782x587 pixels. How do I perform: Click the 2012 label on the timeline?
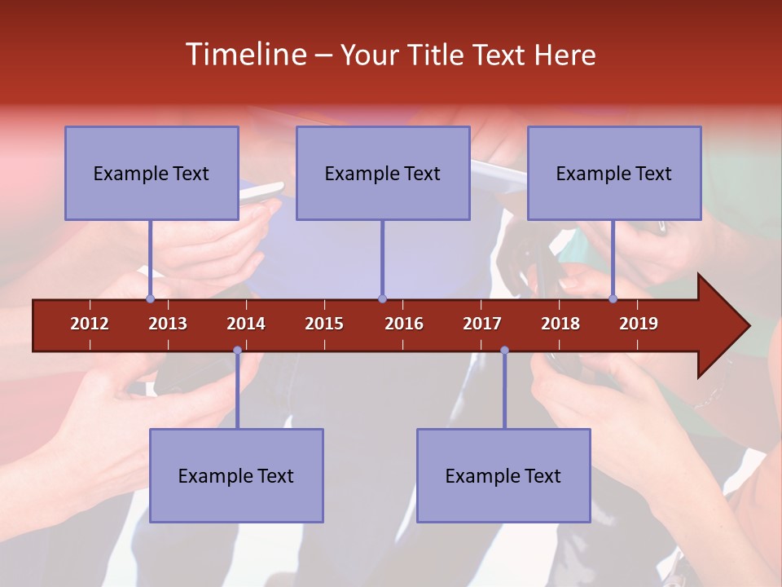(x=90, y=324)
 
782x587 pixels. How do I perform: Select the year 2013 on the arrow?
(x=168, y=324)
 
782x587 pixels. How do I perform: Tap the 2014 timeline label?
(x=246, y=324)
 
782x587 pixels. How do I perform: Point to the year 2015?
(x=324, y=324)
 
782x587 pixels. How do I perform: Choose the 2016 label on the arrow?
(x=404, y=324)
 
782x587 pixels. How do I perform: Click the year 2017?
(x=482, y=324)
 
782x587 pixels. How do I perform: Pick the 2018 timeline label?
(x=560, y=324)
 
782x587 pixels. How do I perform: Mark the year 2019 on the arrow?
(x=639, y=324)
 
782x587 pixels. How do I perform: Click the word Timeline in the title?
(x=244, y=55)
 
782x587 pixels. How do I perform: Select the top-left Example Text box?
(x=152, y=173)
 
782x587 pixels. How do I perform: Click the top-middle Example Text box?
(x=383, y=173)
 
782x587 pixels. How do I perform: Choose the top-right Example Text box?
(x=614, y=173)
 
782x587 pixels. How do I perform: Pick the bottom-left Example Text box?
(x=236, y=475)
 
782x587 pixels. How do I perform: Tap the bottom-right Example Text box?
(x=503, y=475)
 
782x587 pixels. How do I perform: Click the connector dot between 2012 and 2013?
(x=150, y=298)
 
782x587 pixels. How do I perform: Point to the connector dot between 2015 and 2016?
(x=382, y=298)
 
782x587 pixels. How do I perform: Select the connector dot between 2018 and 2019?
(x=613, y=298)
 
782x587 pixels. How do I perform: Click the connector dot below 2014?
(x=237, y=351)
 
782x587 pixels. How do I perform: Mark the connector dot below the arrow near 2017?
(x=504, y=351)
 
